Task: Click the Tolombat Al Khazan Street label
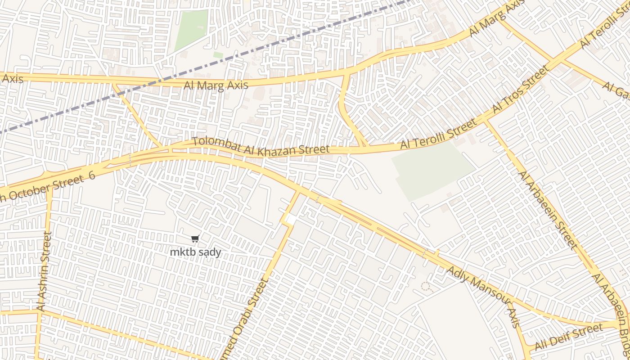[261, 146]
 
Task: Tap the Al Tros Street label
[521, 89]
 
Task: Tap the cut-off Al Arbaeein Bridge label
[612, 310]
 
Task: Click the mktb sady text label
[195, 252]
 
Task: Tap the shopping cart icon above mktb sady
[195, 239]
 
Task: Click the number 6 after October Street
[92, 175]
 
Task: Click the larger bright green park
[192, 29]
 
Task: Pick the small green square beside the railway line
[218, 55]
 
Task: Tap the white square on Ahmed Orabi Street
[291, 220]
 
